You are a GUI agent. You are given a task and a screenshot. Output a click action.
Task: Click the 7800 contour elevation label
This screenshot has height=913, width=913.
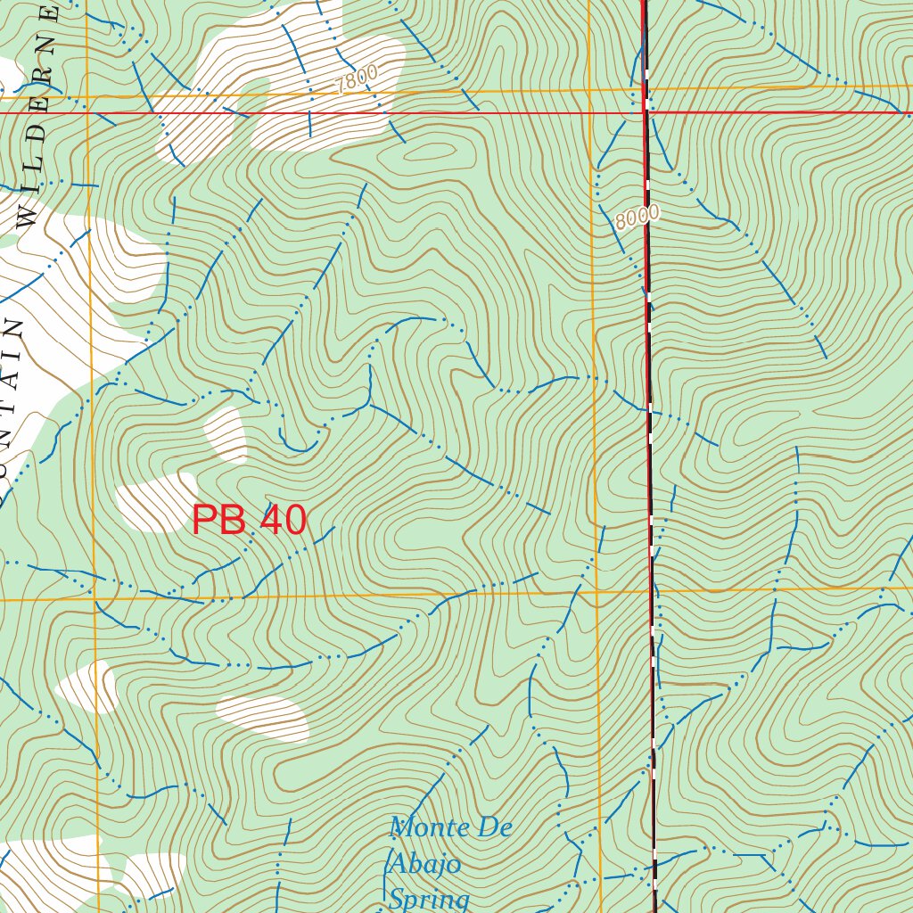(358, 79)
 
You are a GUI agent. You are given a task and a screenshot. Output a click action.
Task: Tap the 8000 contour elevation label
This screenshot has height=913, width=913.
(637, 217)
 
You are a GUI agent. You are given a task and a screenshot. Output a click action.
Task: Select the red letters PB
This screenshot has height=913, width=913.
(218, 521)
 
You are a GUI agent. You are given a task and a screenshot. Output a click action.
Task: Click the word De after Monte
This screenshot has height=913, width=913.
(495, 827)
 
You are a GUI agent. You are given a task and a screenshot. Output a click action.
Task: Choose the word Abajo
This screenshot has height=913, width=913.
(424, 864)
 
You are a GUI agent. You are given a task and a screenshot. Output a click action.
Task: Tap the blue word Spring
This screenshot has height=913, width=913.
(429, 898)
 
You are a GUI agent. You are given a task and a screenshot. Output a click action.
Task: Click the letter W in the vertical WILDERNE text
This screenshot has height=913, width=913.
(27, 217)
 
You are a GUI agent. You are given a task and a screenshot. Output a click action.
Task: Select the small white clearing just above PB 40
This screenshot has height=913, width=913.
(226, 433)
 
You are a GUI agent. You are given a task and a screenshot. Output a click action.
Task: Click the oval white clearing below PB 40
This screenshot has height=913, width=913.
(263, 717)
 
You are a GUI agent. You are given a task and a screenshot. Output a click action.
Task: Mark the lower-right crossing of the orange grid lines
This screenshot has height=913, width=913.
(596, 592)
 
